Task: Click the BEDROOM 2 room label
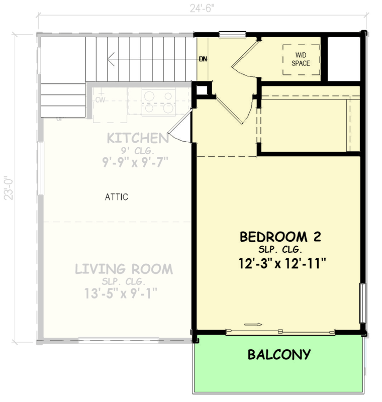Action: (x=280, y=236)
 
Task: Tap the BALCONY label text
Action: (x=278, y=355)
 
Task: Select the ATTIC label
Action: (x=116, y=197)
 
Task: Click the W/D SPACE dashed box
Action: (x=301, y=60)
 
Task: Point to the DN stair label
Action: (x=203, y=59)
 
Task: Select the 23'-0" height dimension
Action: (x=7, y=188)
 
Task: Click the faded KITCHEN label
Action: (x=137, y=138)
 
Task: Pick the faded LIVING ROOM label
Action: (x=124, y=269)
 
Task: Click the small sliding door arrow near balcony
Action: (x=250, y=325)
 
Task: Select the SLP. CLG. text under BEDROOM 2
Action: (x=279, y=250)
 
